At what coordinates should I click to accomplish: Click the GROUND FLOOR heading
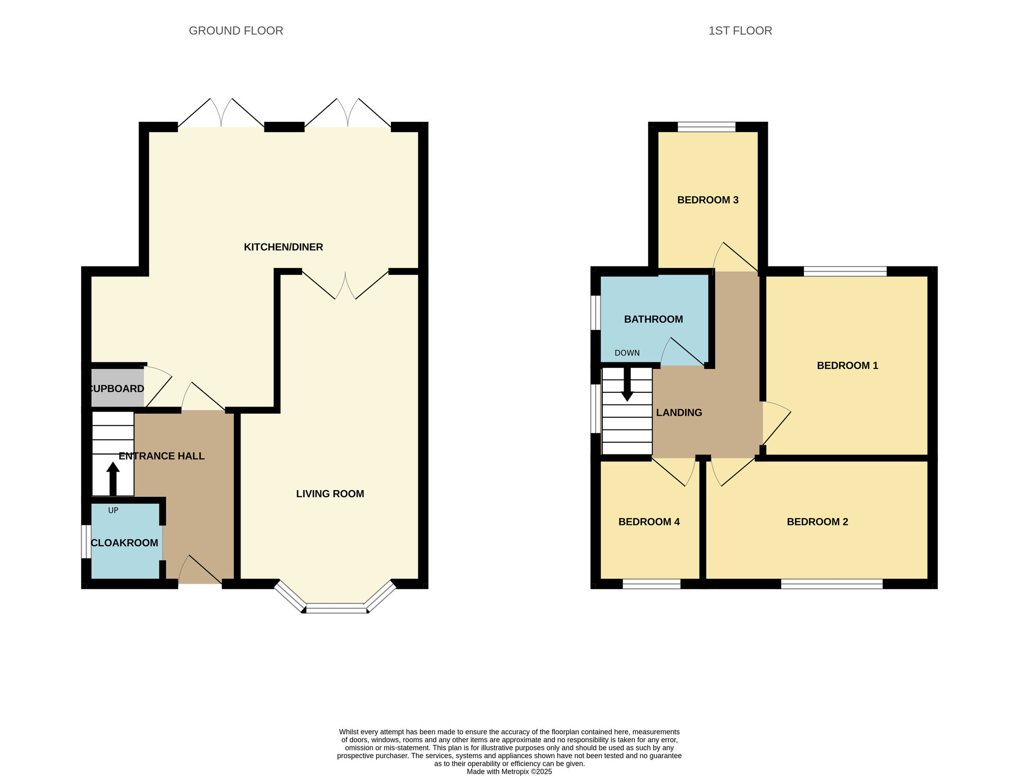[236, 31]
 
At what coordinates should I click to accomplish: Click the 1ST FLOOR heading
[740, 31]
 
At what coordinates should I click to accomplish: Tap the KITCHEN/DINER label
[283, 247]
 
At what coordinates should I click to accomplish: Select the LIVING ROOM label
[330, 494]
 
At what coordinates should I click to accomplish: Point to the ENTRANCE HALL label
[162, 456]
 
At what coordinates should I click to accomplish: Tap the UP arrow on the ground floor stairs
[113, 478]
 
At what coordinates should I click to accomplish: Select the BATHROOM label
[654, 319]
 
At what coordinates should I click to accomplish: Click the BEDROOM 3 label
[708, 200]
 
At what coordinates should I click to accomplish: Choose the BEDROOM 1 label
[847, 366]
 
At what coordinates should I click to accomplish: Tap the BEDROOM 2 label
[817, 522]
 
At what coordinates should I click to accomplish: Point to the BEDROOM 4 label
[649, 522]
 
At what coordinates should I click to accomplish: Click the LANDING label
[679, 413]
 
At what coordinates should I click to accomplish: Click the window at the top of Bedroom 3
[707, 127]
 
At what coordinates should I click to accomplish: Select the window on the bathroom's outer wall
[596, 312]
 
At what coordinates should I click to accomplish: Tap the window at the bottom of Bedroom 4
[652, 584]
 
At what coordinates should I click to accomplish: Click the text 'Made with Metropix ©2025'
[509, 771]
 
